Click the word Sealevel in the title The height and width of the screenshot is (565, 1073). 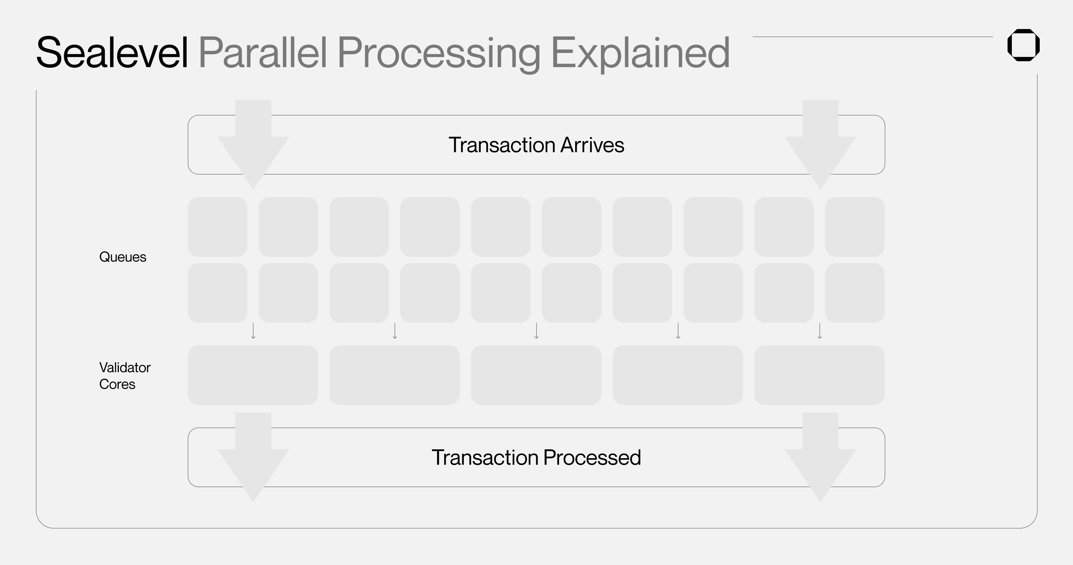tap(112, 53)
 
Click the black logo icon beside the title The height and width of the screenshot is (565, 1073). tap(1023, 45)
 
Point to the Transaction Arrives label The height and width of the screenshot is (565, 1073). tap(536, 145)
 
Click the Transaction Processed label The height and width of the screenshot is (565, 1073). tap(536, 457)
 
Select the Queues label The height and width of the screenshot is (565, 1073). tap(123, 257)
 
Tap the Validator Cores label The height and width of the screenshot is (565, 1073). tap(124, 376)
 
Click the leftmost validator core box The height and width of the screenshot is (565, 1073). tap(253, 375)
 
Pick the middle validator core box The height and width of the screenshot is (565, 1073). tap(536, 375)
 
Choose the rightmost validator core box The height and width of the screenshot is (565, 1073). tap(819, 375)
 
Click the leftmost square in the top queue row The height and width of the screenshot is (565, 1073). tap(218, 227)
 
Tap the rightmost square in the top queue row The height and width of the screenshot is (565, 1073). tap(855, 227)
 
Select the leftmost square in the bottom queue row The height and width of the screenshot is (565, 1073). tap(218, 293)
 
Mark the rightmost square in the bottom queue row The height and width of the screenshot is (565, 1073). tap(855, 293)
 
